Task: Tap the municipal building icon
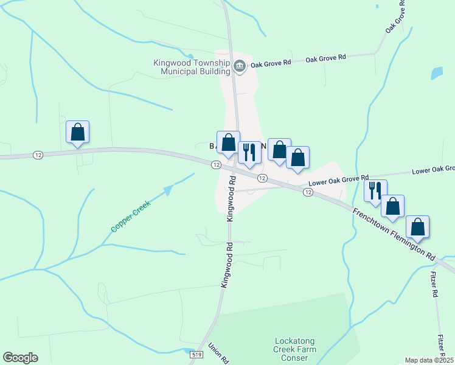coord(239,66)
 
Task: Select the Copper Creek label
coord(130,216)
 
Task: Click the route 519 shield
coord(196,354)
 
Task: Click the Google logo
coord(20,358)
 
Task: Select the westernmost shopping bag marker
coord(78,132)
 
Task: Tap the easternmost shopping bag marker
coord(417,227)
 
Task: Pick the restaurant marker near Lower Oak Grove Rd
coord(375,190)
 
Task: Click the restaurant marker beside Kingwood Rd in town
coord(249,151)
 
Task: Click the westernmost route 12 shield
coord(38,155)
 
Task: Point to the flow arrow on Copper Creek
coord(168,190)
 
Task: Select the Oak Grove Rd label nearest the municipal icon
coord(271,63)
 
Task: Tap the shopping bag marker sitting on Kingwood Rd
coord(229,142)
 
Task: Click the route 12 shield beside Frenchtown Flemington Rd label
coord(308,192)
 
